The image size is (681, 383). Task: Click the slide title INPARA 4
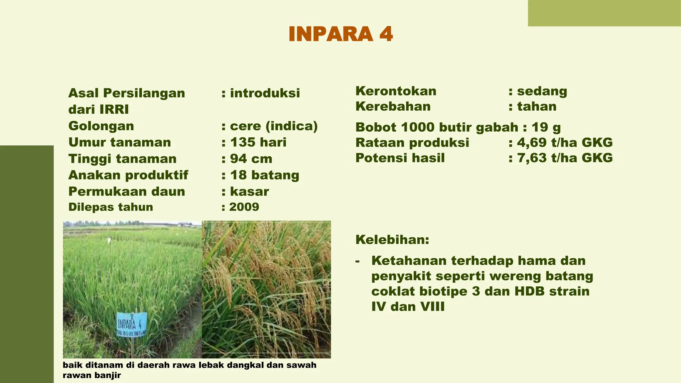[340, 34]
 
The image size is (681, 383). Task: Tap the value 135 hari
[258, 142]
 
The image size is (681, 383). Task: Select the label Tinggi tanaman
[122, 159]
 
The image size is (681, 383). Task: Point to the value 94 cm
[251, 159]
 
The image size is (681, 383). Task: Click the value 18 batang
[264, 175]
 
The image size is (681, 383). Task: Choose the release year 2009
[244, 207]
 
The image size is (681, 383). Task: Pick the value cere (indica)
[274, 126]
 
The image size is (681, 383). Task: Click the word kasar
[249, 191]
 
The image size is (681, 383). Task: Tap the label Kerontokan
[396, 91]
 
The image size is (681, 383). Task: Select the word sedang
[542, 91]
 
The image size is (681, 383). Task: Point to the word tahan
[537, 106]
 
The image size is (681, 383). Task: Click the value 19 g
[546, 127]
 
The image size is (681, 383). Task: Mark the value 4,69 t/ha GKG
[565, 143]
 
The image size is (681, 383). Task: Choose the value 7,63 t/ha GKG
[565, 158]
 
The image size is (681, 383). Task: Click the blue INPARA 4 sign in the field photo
[132, 324]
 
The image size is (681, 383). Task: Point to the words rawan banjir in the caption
[92, 376]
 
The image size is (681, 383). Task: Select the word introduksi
[265, 93]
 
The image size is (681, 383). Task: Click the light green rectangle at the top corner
[604, 13]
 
